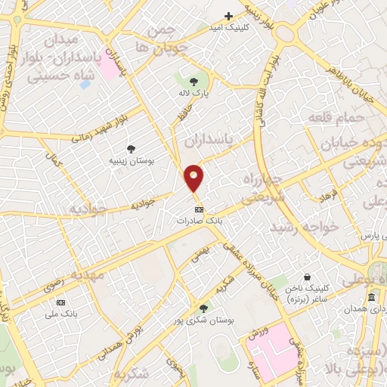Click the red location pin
(195, 178)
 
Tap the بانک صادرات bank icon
(199, 209)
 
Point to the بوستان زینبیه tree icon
(131, 149)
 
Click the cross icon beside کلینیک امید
(228, 16)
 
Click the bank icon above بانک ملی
(61, 302)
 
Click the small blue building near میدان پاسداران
(84, 84)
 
